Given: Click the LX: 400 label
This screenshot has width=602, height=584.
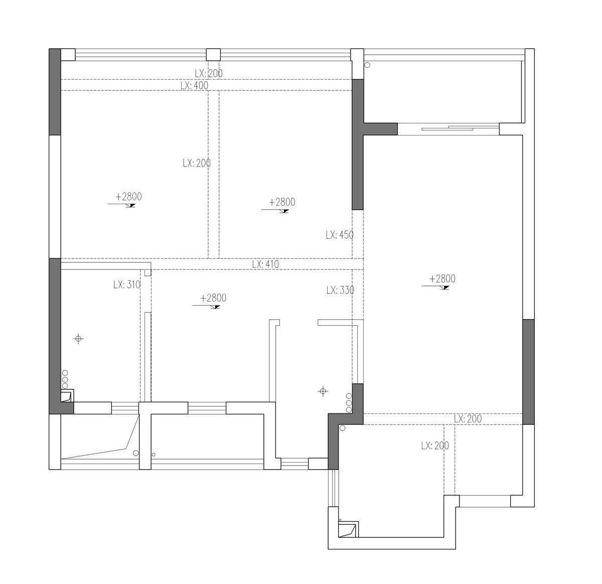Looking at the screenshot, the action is [194, 85].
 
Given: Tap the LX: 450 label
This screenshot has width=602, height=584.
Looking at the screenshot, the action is [339, 235].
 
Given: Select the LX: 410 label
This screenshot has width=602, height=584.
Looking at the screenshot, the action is [265, 264].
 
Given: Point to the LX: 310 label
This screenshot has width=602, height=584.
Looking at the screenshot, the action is [127, 284].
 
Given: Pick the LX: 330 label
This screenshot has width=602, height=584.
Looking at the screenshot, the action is [340, 290].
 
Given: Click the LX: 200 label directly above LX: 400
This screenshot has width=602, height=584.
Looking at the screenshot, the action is [209, 73].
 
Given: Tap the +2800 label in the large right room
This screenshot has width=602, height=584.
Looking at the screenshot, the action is [442, 278].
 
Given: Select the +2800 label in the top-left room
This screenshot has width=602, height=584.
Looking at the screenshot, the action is [129, 196].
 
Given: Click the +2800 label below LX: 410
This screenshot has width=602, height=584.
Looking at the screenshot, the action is [213, 298].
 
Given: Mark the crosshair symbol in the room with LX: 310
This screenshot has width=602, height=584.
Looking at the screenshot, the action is [78, 339].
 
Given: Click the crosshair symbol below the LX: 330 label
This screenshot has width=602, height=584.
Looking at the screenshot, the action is [323, 391].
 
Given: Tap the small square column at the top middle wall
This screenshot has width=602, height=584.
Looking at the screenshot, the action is [213, 55].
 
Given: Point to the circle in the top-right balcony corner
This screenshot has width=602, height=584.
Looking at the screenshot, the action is [368, 65].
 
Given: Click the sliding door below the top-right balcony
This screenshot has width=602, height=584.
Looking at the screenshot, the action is [448, 128].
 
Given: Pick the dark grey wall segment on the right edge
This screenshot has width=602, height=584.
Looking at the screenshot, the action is [528, 372].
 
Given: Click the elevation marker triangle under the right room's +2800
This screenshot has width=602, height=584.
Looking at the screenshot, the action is [446, 287].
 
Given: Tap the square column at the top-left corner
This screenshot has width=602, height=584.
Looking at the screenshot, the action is [68, 55].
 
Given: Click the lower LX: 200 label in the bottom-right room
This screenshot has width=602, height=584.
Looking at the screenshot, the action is [435, 446].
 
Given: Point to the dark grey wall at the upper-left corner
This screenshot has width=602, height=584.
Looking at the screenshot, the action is [55, 92].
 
